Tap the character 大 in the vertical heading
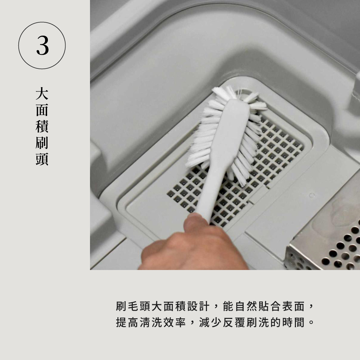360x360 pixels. tap(42, 94)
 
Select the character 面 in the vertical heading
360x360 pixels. tap(42, 111)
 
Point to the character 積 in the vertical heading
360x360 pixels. tap(42, 127)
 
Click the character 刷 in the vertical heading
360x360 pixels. tap(42, 144)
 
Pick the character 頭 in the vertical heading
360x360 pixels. tap(42, 159)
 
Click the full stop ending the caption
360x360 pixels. tap(312, 323)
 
